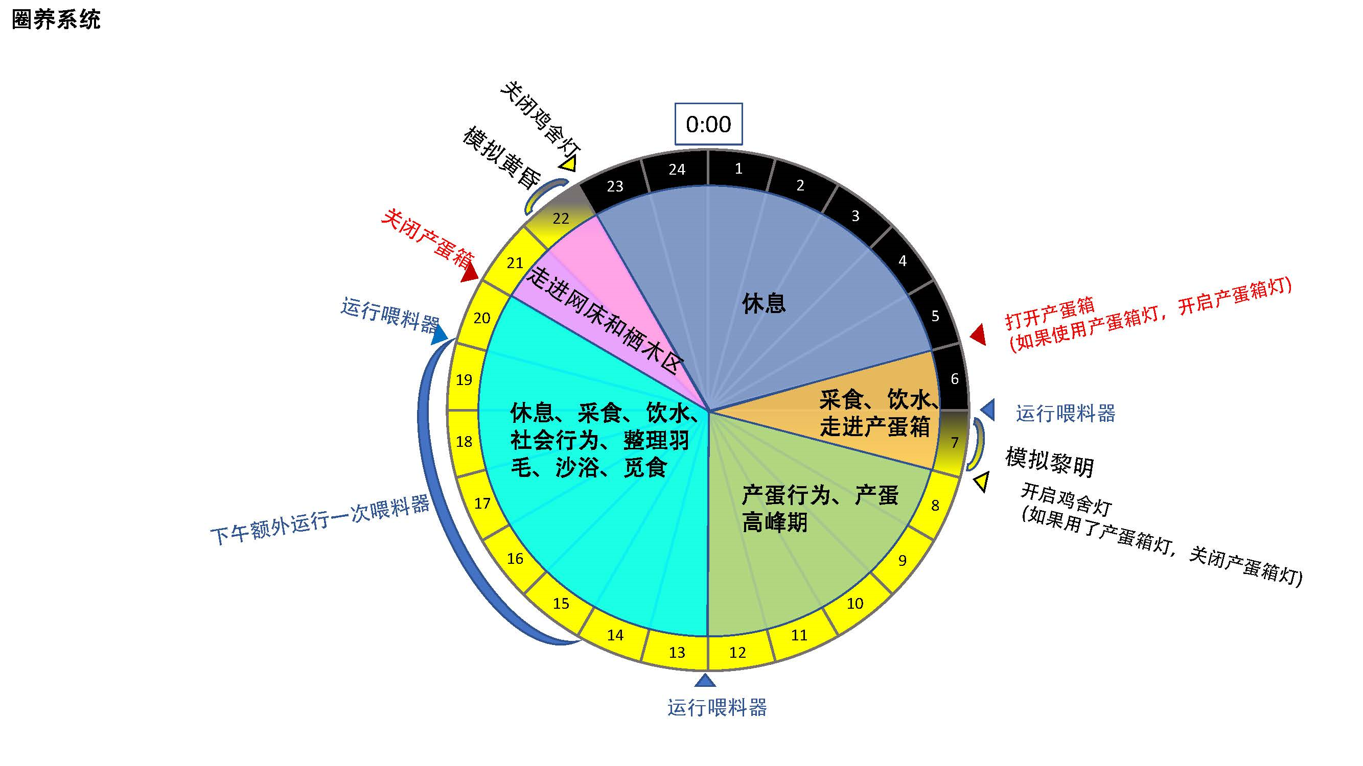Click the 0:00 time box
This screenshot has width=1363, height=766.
point(708,124)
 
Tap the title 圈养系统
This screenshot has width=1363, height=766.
point(56,20)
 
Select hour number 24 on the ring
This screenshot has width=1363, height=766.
point(677,169)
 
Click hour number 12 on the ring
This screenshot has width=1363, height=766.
point(737,652)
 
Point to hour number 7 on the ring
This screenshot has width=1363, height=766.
point(955,442)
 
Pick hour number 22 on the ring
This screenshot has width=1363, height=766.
point(561,218)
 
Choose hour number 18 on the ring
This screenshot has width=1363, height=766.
point(464,441)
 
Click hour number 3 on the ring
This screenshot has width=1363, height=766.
point(855,216)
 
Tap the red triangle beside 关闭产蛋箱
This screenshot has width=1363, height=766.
point(470,273)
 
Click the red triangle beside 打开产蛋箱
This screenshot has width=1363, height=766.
point(978,334)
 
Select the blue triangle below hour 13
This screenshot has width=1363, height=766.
point(705,680)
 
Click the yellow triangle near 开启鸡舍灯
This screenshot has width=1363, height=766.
point(981,482)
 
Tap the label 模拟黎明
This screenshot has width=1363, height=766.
point(1049,462)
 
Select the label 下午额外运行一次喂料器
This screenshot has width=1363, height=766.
point(320,520)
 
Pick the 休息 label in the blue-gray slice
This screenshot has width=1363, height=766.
point(764,303)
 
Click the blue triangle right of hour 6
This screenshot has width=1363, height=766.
point(988,410)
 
